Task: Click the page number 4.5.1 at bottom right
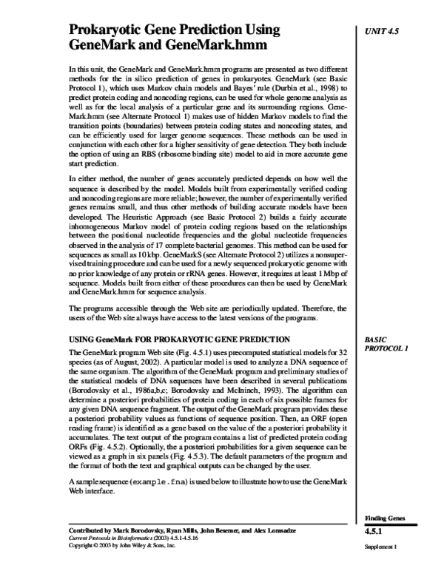click(377, 533)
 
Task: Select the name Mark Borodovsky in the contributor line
click(149, 531)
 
